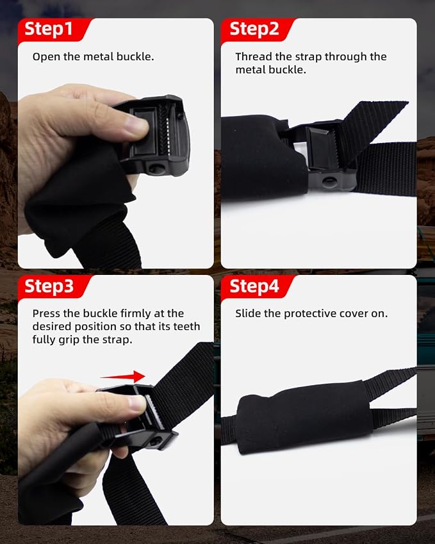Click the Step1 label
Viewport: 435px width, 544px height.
click(49, 28)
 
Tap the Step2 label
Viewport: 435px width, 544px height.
click(254, 28)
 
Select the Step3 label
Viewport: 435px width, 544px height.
click(49, 286)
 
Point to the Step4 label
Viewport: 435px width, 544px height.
click(254, 286)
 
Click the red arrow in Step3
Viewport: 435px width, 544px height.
click(122, 376)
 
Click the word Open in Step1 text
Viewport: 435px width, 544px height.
click(47, 57)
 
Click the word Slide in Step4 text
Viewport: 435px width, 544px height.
click(248, 313)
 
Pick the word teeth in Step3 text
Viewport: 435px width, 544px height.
click(186, 327)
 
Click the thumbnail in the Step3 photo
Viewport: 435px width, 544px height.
click(137, 404)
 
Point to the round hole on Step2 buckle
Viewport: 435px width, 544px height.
click(329, 181)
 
